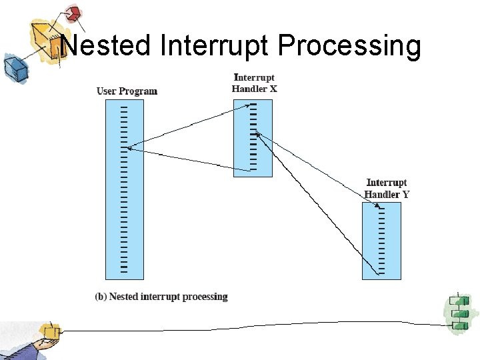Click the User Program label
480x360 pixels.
(x=127, y=91)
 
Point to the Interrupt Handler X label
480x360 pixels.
(x=253, y=83)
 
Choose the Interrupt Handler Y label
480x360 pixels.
(x=387, y=189)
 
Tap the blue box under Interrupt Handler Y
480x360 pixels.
(x=381, y=241)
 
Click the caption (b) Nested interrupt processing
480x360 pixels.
(x=161, y=297)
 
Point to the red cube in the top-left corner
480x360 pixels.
(x=73, y=13)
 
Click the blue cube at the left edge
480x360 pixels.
(x=13, y=67)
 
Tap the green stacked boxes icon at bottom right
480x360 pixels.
(x=458, y=311)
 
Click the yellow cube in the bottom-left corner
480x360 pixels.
(x=49, y=331)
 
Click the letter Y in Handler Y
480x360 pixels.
(x=405, y=195)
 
